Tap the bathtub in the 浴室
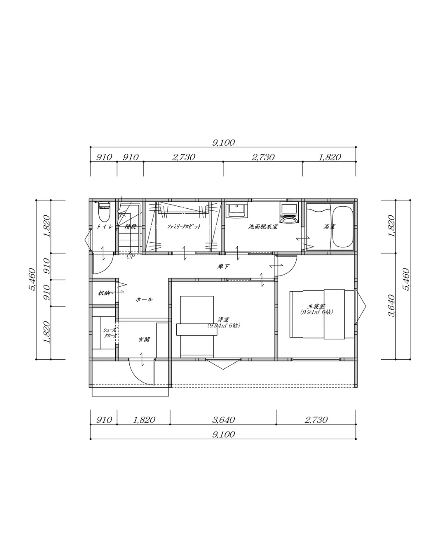pyautogui.click(x=342, y=226)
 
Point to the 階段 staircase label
pyautogui.click(x=130, y=226)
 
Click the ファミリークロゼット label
pyautogui.click(x=184, y=226)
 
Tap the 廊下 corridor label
pyautogui.click(x=223, y=266)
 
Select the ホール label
pyautogui.click(x=144, y=299)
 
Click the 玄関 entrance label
pyautogui.click(x=144, y=339)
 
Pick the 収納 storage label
pyautogui.click(x=104, y=293)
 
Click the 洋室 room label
pyautogui.click(x=224, y=319)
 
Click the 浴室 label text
pyautogui.click(x=329, y=226)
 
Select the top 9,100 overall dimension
pyautogui.click(x=223, y=143)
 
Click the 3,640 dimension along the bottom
pyautogui.click(x=223, y=420)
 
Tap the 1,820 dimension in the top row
pyautogui.click(x=329, y=157)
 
